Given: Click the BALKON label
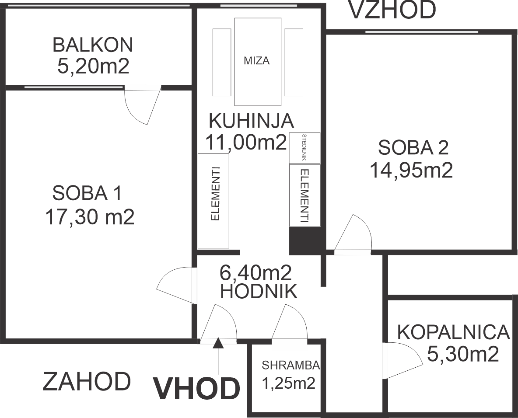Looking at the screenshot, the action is tap(93, 45).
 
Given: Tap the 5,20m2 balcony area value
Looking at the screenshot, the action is tap(93, 67).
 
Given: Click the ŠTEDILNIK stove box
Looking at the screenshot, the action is tap(304, 148).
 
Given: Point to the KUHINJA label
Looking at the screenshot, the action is tap(251, 121).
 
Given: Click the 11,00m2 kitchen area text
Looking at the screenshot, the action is tap(246, 143).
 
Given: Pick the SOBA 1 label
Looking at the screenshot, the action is tap(87, 193).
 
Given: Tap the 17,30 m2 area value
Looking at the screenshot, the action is tap(90, 217).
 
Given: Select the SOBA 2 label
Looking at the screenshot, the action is tap(413, 147).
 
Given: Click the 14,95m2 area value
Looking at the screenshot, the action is tap(411, 171).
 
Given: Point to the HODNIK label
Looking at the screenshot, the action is tap(258, 292).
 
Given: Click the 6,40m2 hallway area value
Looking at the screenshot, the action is tap(255, 273).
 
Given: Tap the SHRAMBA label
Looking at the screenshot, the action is tap(291, 365).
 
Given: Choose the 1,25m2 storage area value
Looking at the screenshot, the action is tap(288, 383).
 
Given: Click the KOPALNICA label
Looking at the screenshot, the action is tap(453, 332).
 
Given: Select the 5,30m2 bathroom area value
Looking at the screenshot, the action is tap(463, 354).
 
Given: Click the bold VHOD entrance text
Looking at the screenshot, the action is tap(196, 388).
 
